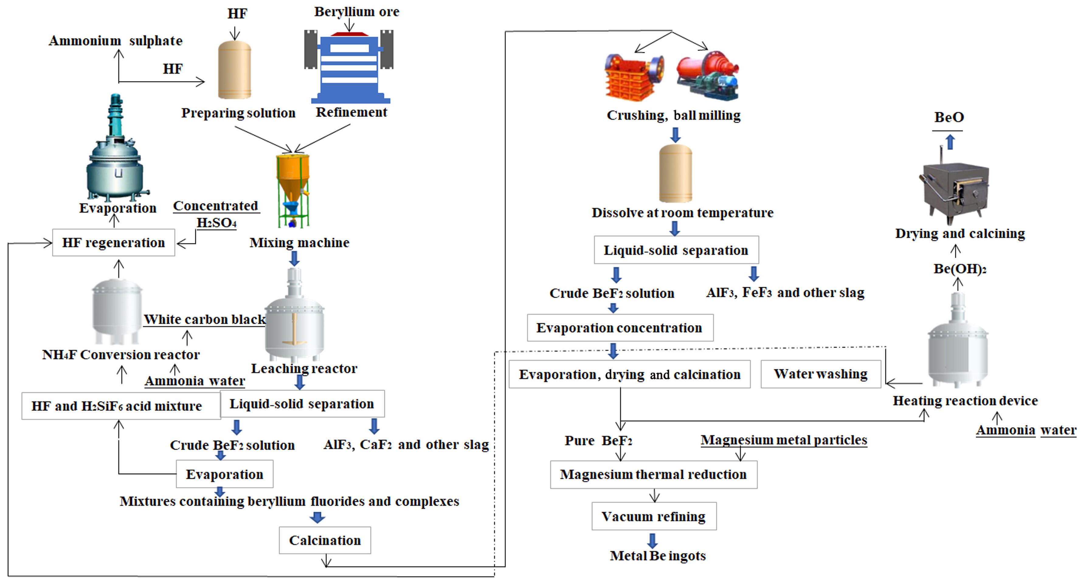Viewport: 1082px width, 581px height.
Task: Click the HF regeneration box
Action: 113,242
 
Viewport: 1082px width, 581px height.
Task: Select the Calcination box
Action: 325,540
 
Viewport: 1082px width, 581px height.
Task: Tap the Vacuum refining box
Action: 654,516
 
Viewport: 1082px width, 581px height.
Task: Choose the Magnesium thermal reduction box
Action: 654,474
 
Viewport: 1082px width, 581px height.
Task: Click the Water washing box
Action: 821,374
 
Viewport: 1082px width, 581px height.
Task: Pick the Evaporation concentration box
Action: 620,328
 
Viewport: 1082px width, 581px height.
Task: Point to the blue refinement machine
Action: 349,67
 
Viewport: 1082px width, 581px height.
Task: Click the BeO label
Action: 949,117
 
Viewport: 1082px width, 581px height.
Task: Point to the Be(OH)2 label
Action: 960,269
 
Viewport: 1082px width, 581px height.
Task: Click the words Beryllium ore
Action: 357,12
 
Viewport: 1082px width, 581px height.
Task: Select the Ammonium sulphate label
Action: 116,41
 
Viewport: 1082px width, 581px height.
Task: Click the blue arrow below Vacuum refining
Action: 652,541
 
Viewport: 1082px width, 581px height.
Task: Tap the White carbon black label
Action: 205,320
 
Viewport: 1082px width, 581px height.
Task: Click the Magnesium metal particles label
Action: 784,440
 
